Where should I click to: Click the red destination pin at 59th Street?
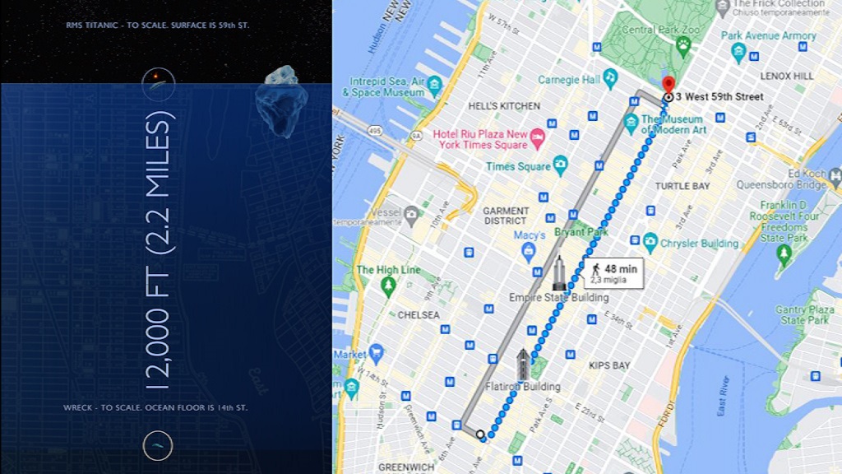pos(669,84)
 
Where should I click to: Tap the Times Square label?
pos(518,166)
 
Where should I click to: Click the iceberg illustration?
pos(281,100)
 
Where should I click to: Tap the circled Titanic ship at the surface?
pos(158,84)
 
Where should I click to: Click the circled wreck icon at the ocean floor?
pos(158,445)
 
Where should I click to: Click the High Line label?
pos(388,270)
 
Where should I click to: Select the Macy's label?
pos(530,235)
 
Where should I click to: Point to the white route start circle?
pos(481,435)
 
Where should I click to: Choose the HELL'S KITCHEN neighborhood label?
pos(504,106)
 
